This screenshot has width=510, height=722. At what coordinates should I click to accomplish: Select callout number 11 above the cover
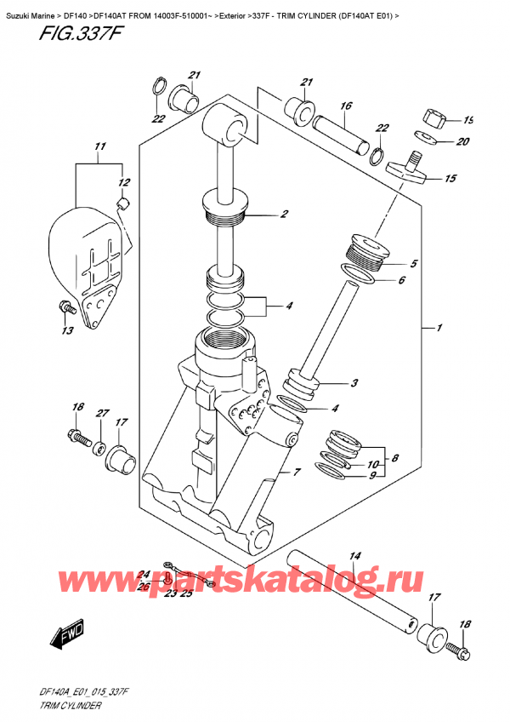click(x=100, y=147)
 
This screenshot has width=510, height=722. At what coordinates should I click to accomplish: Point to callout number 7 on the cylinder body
click(x=297, y=472)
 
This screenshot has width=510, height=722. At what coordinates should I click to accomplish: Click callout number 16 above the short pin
click(x=345, y=106)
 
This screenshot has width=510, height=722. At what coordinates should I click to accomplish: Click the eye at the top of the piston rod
click(x=226, y=127)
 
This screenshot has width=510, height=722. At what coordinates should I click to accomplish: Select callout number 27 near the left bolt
click(x=102, y=414)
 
